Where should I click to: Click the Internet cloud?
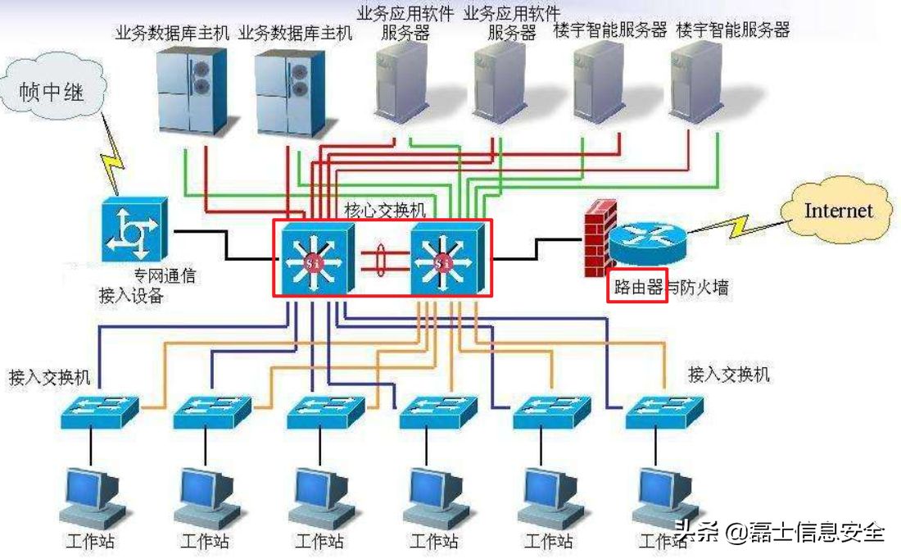(x=839, y=211)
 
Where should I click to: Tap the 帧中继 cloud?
(x=52, y=88)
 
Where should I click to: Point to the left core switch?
(x=317, y=259)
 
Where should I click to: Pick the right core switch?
(x=447, y=259)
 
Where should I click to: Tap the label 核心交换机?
(x=385, y=210)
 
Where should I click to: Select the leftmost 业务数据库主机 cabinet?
(x=191, y=92)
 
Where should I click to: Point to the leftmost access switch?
(x=99, y=411)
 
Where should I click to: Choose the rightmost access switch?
(x=663, y=411)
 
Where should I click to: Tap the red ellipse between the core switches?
(x=380, y=260)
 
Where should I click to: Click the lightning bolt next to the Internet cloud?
(x=738, y=226)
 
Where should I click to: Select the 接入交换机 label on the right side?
(x=729, y=375)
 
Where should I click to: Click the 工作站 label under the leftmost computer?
(x=90, y=541)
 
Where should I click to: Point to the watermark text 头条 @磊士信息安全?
(x=779, y=531)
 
